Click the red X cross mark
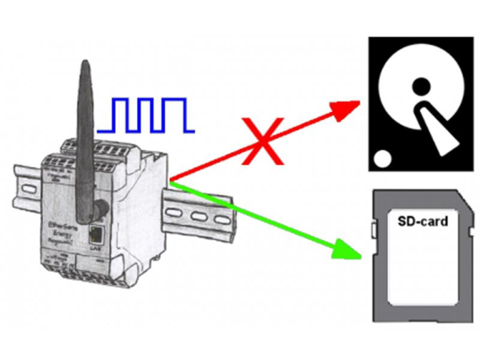262,140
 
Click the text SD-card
423,221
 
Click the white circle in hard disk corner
382,158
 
